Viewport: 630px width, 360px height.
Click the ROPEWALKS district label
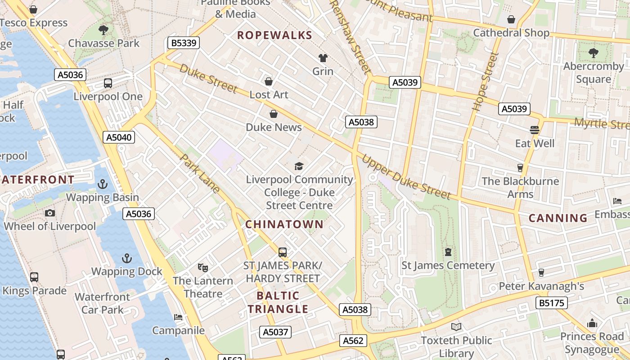tap(274, 35)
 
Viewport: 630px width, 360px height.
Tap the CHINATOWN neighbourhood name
tap(284, 224)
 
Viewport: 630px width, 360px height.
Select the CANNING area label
tap(558, 218)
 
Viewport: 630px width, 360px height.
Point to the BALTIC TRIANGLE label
tap(278, 302)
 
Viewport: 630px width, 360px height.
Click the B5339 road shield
tap(183, 43)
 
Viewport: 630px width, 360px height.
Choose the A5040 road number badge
tap(119, 137)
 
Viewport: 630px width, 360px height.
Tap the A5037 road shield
tap(275, 332)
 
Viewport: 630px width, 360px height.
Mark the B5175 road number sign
tap(551, 303)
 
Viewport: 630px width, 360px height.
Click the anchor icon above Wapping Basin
tap(103, 184)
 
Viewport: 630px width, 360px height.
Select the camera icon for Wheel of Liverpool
tap(50, 213)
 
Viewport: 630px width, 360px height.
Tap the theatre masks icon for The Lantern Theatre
tap(203, 268)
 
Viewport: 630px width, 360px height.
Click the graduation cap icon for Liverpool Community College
tap(299, 166)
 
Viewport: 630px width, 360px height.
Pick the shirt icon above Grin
tap(323, 58)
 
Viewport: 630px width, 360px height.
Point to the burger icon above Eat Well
tap(535, 130)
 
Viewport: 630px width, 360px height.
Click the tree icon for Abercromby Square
tap(594, 53)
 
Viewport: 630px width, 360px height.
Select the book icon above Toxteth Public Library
tap(456, 327)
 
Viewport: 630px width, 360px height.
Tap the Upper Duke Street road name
tap(406, 177)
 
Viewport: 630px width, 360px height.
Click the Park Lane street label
tap(200, 174)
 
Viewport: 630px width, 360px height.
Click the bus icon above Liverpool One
tap(108, 83)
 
